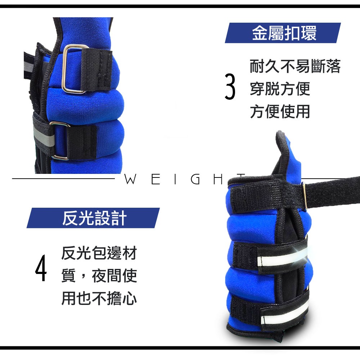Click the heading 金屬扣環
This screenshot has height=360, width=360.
[x=284, y=33]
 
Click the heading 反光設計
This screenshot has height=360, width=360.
[x=94, y=218]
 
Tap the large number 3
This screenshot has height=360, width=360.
[x=230, y=86]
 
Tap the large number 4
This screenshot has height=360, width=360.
[x=41, y=267]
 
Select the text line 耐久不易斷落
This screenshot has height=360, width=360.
[x=295, y=66]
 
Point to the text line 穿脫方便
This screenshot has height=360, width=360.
[x=280, y=89]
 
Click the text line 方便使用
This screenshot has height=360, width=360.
[x=280, y=111]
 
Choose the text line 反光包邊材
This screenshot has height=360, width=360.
[x=99, y=253]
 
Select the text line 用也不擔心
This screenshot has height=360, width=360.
[x=99, y=298]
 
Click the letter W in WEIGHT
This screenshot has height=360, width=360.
[x=130, y=179]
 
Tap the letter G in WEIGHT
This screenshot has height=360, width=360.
[x=195, y=179]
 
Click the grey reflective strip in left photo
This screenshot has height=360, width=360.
[x=44, y=137]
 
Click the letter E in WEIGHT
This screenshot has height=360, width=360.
[x=156, y=179]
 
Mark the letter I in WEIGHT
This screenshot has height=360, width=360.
[x=175, y=179]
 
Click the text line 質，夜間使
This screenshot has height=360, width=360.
[x=99, y=275]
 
